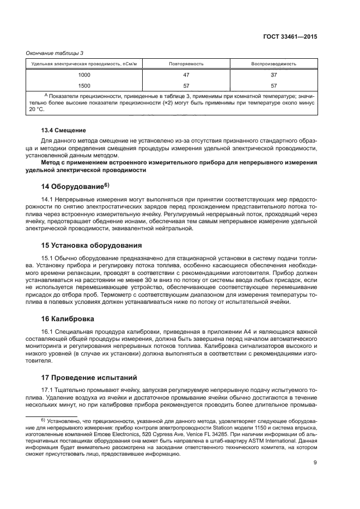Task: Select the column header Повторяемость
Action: (x=186, y=64)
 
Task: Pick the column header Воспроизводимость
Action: (x=273, y=64)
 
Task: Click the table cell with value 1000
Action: (x=85, y=75)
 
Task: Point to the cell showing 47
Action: (x=186, y=75)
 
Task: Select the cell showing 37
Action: (x=273, y=75)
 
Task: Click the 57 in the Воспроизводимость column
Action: (x=273, y=85)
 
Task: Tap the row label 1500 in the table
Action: (x=85, y=85)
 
